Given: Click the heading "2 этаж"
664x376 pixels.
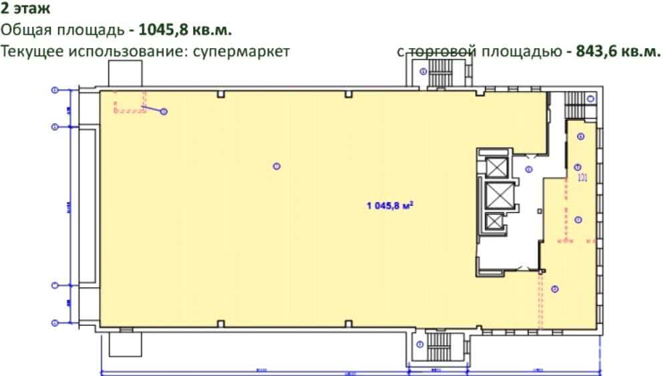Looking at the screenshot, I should pos(25,10).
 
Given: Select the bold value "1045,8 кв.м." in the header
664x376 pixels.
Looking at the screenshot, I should pos(185,31).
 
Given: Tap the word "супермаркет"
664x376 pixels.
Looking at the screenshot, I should pos(239,51).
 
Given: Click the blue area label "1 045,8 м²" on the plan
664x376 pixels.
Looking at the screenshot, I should pos(391,206).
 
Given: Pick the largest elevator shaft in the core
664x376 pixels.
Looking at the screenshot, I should pos(496,195).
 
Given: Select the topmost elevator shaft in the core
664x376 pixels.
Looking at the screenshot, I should pos(496,167).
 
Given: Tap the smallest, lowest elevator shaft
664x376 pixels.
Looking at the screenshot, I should pos(495,221).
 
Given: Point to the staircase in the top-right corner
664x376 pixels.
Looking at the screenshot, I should pos(575,102).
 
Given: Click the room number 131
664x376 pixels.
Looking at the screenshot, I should pos(582,177).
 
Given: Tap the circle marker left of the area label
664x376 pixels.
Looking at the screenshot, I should pos(277,166).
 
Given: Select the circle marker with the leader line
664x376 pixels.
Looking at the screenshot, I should pos(164,112).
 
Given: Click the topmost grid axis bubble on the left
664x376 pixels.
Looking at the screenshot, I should pos(55,89).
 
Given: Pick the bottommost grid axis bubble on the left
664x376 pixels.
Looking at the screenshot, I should pos(55,323).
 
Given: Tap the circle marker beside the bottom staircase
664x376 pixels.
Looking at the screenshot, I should pos(420,345).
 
